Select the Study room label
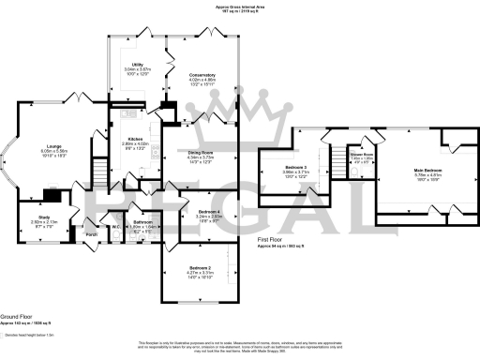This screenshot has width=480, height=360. (44, 216)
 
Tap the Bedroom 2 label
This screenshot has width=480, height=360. (203, 268)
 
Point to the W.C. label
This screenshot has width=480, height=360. (115, 225)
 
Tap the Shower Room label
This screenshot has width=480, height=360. (361, 155)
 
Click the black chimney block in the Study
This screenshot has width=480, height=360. (57, 196)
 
